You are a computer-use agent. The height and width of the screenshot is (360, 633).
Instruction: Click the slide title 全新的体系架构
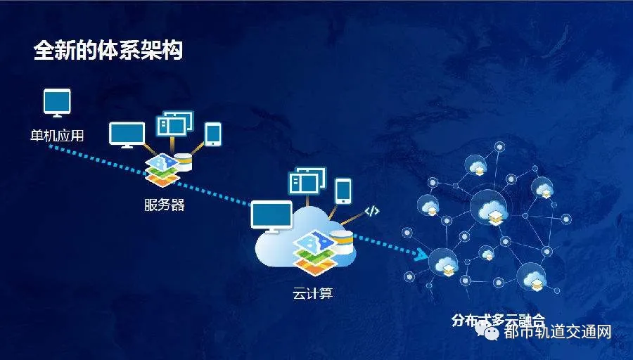tap(108, 51)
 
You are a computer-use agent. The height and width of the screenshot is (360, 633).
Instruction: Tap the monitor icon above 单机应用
tap(58, 103)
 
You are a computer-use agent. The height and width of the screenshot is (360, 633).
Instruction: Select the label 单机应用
tap(57, 135)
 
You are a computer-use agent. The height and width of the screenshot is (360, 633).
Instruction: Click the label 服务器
tap(164, 205)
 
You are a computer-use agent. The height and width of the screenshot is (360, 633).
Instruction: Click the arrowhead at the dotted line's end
tap(421, 255)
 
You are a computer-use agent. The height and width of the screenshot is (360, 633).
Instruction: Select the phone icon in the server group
tap(212, 134)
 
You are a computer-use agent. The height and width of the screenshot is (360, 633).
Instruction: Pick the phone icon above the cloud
tap(343, 190)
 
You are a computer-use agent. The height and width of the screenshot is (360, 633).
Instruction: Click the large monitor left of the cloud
tap(271, 215)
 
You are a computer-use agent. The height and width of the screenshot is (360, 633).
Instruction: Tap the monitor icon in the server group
tap(127, 134)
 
